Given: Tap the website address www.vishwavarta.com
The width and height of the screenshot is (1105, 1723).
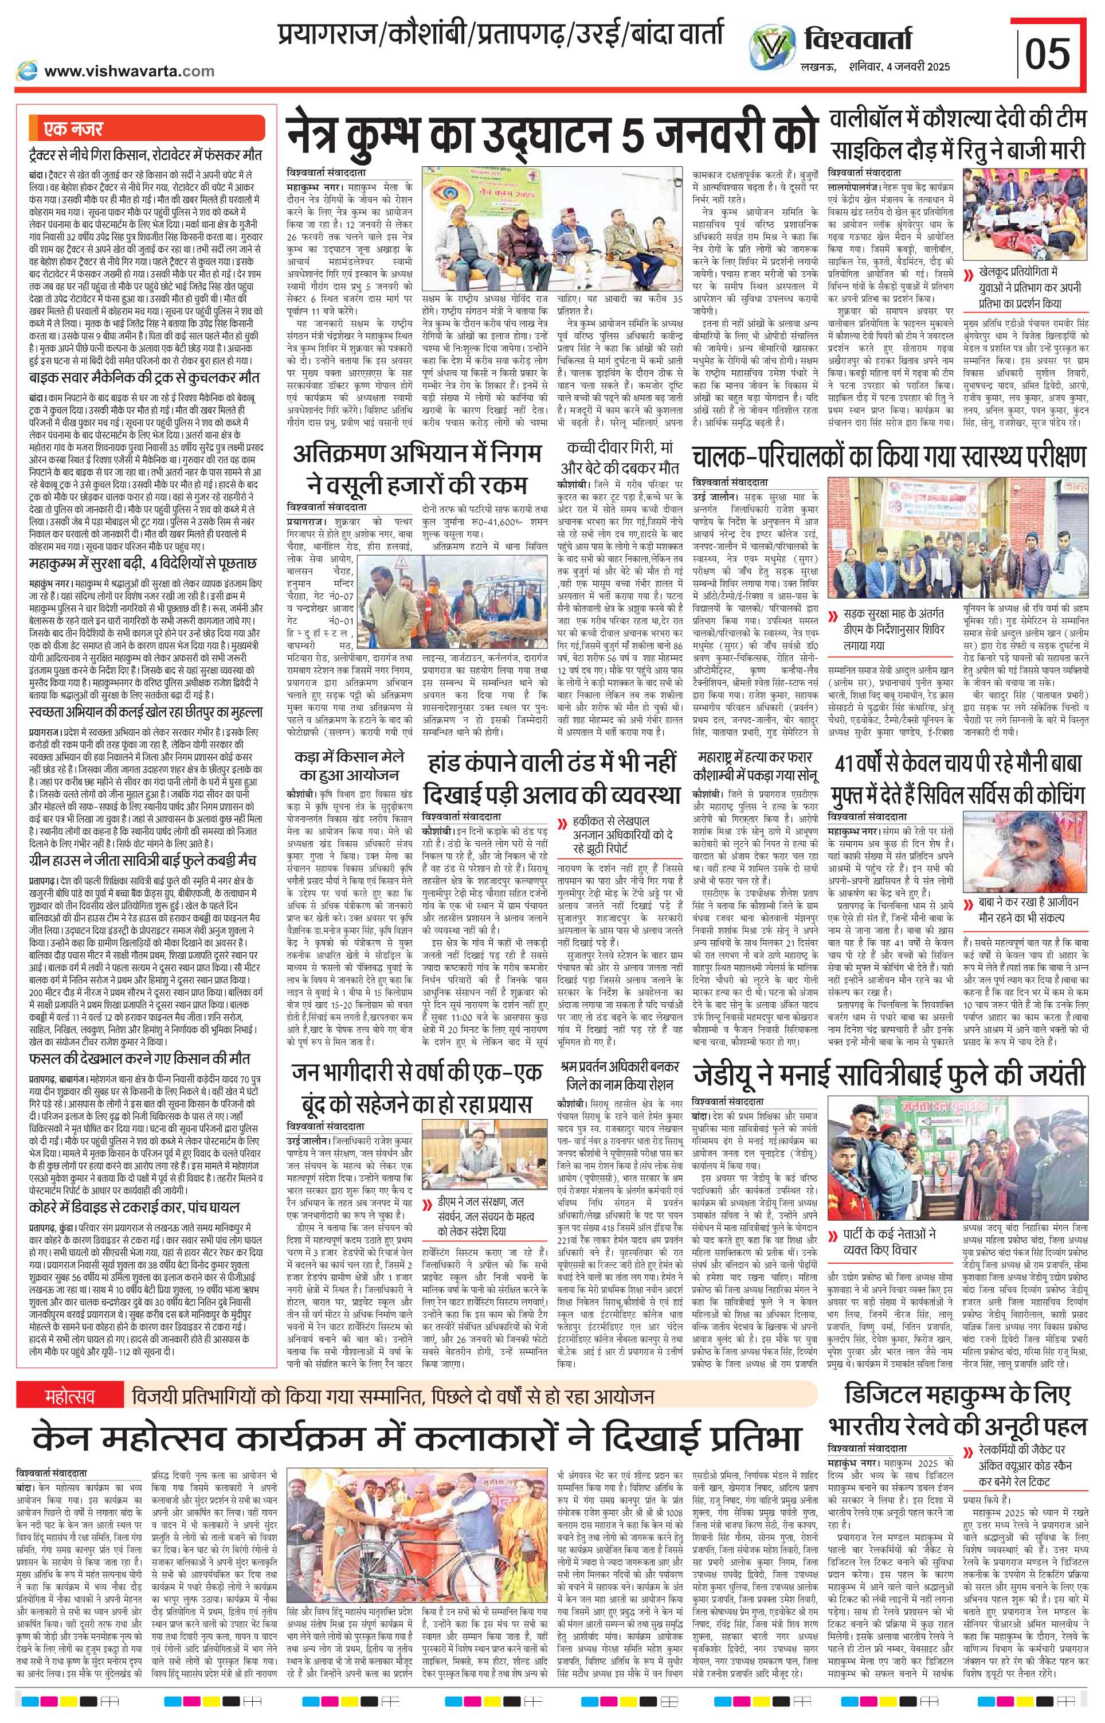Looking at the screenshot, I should click(x=129, y=71).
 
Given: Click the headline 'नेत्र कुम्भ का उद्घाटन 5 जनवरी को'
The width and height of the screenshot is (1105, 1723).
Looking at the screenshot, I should click(x=549, y=133).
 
